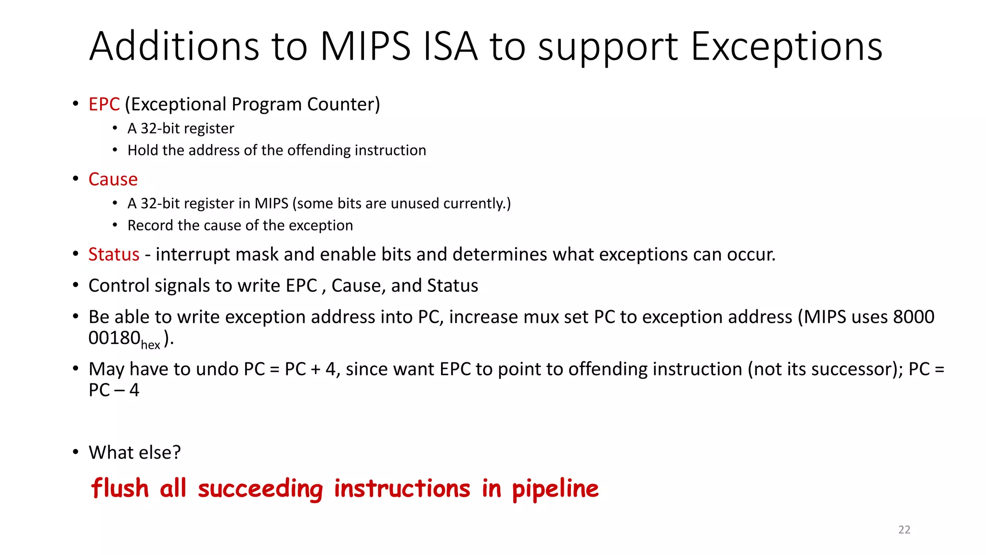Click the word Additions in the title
pyautogui.click(x=174, y=47)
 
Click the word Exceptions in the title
pyautogui.click(x=786, y=47)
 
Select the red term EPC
pyautogui.click(x=104, y=105)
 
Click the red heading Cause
pyautogui.click(x=113, y=179)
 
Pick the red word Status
pyautogui.click(x=114, y=254)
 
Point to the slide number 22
pyautogui.click(x=904, y=529)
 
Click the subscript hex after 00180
pyautogui.click(x=150, y=345)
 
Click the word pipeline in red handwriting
pyautogui.click(x=555, y=489)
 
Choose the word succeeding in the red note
pyautogui.click(x=260, y=489)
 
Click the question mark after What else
pyautogui.click(x=177, y=452)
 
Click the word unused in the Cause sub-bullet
pyautogui.click(x=415, y=203)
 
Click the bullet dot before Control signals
pyautogui.click(x=76, y=285)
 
